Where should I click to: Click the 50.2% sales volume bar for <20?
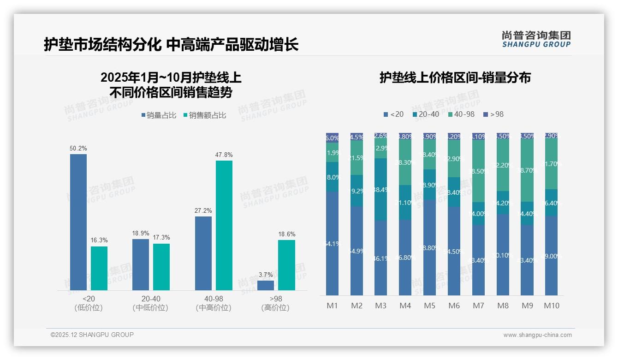point(78,222)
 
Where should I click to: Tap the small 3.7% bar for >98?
point(266,285)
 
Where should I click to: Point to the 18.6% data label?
point(287,234)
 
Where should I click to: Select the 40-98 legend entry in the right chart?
point(461,114)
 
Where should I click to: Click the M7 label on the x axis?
point(478,306)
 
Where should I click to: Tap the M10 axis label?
point(551,306)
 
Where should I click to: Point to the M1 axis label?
point(332,306)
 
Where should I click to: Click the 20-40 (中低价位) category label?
point(150,303)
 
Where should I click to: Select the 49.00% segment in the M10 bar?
point(551,255)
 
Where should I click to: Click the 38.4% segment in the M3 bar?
point(380,189)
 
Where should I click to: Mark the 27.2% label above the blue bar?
point(203,211)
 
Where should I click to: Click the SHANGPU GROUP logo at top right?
point(536,39)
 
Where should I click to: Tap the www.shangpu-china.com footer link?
point(537,335)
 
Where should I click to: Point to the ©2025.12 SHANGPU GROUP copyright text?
point(92,335)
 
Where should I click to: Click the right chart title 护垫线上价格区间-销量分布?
point(455,78)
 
